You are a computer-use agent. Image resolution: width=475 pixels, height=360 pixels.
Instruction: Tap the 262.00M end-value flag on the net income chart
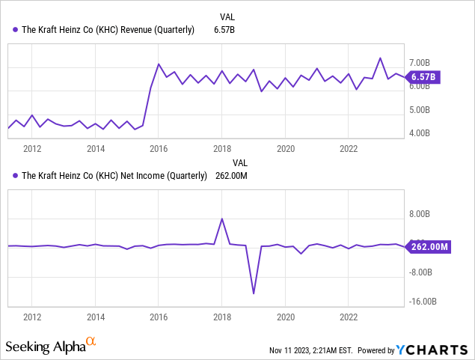(x=428, y=246)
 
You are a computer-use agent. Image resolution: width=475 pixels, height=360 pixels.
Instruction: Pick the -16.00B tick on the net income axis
(x=425, y=302)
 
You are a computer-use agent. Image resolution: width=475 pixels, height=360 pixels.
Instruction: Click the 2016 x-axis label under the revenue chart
(x=159, y=148)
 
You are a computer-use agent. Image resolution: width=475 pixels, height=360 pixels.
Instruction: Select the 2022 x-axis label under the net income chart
(x=349, y=317)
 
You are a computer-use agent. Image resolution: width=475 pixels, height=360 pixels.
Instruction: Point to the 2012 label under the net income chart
(x=31, y=317)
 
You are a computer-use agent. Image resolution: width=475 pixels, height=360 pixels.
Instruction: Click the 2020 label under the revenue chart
(x=285, y=148)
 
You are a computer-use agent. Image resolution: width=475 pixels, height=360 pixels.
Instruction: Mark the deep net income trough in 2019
(x=254, y=293)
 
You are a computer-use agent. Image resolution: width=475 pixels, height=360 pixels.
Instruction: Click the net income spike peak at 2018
(x=221, y=219)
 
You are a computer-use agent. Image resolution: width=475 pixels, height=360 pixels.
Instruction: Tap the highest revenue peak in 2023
(x=380, y=58)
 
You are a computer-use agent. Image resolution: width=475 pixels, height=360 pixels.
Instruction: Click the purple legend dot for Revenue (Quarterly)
(x=16, y=30)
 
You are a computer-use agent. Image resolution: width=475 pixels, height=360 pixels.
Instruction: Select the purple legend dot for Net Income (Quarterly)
(x=16, y=176)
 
